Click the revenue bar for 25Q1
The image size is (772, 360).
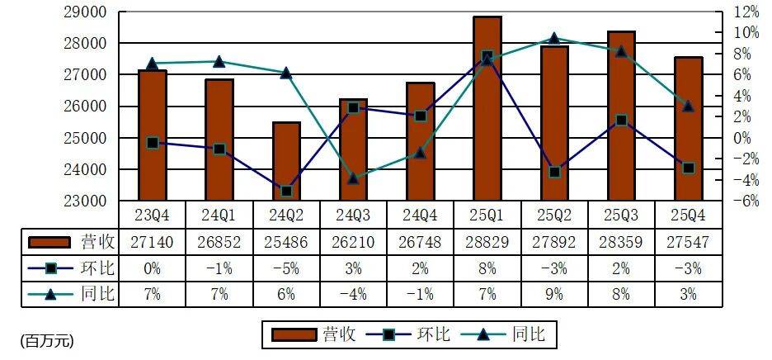tap(487, 108)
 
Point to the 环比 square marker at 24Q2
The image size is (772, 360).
tap(286, 191)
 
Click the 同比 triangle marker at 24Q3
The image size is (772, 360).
tap(353, 178)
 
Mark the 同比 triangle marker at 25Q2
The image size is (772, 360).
tap(554, 38)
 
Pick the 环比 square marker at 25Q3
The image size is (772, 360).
tap(621, 121)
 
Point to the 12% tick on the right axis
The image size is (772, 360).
tap(747, 12)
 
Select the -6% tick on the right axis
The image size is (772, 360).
tap(747, 201)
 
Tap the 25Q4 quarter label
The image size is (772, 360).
tap(688, 215)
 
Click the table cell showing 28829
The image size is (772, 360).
tap(487, 242)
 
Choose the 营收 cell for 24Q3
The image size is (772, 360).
tap(353, 242)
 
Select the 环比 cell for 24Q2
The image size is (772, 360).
tap(286, 268)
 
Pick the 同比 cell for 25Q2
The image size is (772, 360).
tap(554, 293)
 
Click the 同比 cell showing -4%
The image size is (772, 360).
tap(353, 293)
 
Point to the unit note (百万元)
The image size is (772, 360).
tap(47, 339)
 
